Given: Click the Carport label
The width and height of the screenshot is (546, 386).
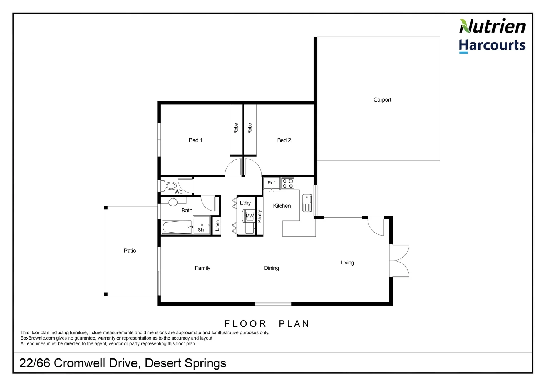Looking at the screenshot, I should click(382, 100).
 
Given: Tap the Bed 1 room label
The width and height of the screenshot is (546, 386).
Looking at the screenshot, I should click(195, 140).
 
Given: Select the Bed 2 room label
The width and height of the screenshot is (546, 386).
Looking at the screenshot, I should click(284, 140).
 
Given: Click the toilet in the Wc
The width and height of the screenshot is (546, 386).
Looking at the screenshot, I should click(170, 186).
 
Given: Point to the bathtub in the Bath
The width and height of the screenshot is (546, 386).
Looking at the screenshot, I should click(177, 227).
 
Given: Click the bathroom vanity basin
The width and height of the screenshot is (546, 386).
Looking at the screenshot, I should click(173, 202).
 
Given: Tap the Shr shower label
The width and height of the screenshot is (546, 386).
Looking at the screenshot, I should click(201, 230).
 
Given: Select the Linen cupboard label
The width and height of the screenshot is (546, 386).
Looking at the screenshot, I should click(217, 226).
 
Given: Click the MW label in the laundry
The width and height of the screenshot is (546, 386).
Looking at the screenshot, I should click(249, 216).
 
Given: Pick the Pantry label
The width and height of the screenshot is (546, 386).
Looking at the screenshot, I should click(260, 216).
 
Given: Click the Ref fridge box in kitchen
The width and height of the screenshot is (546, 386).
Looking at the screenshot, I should click(271, 183).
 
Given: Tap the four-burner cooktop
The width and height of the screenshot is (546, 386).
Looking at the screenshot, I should click(288, 183).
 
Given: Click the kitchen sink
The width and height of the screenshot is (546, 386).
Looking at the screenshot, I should click(307, 203).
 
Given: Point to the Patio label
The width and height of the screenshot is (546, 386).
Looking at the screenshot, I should click(130, 251).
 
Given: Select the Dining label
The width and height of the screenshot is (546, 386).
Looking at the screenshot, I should click(271, 268).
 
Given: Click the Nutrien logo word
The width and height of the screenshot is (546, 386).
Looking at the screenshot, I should click(492, 26).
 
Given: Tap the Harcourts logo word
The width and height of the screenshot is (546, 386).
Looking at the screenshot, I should click(492, 46).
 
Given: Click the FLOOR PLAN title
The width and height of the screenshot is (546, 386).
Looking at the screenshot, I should click(267, 324).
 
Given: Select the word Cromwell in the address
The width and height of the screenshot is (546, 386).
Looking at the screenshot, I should click(96, 363).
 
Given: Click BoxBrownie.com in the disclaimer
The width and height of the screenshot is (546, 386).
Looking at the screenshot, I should click(38, 338).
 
